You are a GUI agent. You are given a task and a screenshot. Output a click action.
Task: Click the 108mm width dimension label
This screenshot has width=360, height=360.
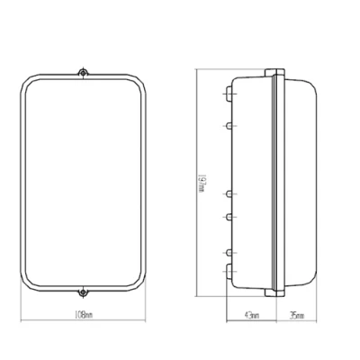84,315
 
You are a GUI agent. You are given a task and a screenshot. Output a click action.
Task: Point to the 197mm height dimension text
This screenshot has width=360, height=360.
202,184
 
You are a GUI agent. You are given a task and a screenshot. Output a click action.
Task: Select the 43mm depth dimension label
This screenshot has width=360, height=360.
252,316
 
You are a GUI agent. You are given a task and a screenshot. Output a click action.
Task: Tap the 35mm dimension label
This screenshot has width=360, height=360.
297,316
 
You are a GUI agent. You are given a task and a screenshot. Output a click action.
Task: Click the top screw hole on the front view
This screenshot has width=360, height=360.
83,73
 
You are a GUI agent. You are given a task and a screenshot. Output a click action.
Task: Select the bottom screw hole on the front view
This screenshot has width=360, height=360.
83,292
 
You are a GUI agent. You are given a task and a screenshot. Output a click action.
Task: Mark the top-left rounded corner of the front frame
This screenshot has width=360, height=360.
29,83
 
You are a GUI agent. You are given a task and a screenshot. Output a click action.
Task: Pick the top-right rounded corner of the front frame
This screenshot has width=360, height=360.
138,83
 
